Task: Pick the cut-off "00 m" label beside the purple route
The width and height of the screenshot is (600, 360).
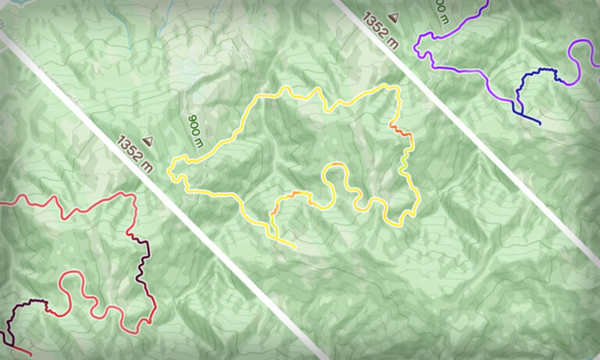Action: [x=439, y=12]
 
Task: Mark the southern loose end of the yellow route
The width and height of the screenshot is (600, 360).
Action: [x=294, y=246]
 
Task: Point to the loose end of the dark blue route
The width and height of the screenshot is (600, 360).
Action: [x=539, y=123]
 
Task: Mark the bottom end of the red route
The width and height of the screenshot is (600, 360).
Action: [x=30, y=355]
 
